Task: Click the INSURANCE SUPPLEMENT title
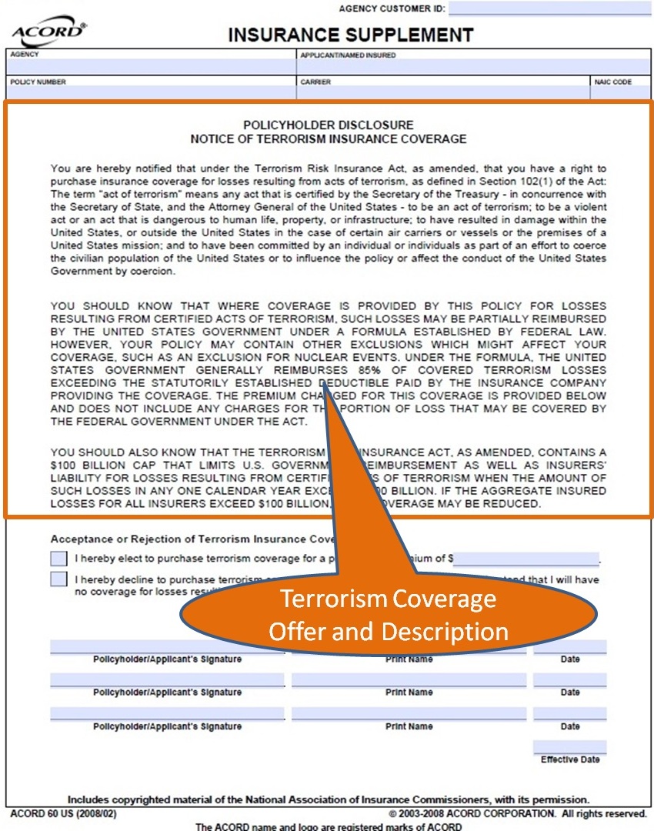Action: [350, 35]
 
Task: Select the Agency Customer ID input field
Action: [549, 8]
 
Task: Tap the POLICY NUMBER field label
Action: [38, 82]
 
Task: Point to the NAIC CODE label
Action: [612, 82]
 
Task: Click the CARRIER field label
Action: [315, 82]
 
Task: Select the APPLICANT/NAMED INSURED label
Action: [348, 55]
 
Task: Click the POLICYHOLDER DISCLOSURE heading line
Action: [329, 125]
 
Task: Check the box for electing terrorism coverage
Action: [58, 558]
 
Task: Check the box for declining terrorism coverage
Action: [58, 579]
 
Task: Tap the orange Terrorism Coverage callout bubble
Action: [388, 614]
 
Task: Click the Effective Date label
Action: [569, 759]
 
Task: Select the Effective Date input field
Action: [569, 746]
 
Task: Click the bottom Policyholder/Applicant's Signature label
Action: [167, 726]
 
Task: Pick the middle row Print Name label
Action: [409, 692]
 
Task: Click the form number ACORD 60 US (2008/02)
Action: [64, 813]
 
